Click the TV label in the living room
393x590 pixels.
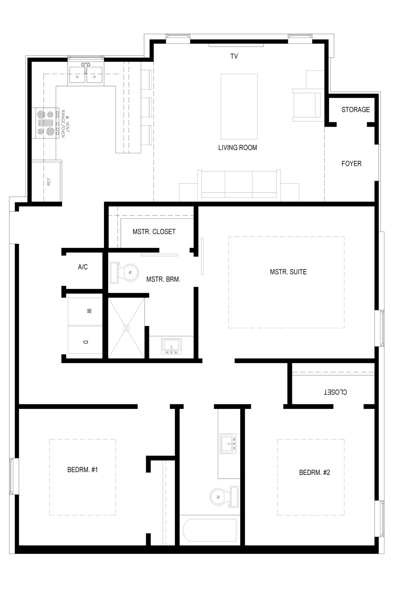[234, 56]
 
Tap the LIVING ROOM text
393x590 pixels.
[237, 147]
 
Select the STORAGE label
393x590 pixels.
[356, 109]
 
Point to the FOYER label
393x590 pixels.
[351, 163]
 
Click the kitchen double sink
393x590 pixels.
[86, 75]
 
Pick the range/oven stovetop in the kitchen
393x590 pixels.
[45, 123]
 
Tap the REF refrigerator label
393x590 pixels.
[49, 182]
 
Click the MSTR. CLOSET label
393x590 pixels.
[154, 231]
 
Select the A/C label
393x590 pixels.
[83, 267]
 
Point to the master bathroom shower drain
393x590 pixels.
[126, 328]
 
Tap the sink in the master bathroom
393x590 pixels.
[172, 346]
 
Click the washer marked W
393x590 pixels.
[85, 311]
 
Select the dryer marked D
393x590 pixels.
[85, 340]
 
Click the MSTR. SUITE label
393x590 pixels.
[288, 272]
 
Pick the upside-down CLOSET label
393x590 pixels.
[335, 392]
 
